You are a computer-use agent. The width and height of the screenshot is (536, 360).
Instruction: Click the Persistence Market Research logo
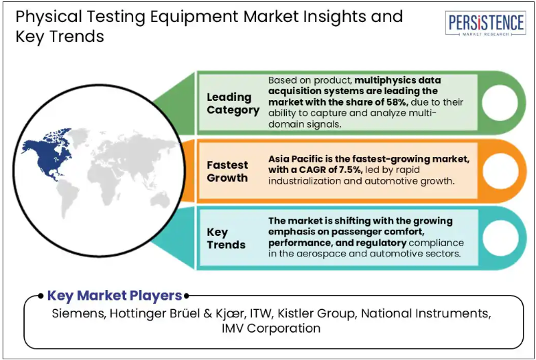pos(485,23)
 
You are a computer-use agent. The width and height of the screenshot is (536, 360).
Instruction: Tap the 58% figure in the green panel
pos(397,102)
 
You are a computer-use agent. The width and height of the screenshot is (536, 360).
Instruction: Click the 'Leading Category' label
pos(233,104)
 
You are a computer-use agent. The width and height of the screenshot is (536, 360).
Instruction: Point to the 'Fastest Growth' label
pos(227,171)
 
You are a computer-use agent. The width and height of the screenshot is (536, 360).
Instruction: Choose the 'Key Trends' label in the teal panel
pos(226,239)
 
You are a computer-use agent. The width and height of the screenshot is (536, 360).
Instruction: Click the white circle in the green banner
pos(500,102)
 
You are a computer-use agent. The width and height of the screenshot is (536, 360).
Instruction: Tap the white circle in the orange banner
pos(500,171)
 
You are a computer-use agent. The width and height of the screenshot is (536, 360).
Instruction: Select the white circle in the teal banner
pos(500,238)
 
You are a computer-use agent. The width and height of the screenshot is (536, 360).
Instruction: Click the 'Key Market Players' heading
pos(115,296)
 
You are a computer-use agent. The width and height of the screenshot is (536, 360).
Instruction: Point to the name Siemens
pos(79,313)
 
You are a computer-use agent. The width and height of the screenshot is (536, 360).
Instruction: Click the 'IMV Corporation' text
pos(271,328)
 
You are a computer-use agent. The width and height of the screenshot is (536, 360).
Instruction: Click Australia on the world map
pos(159,200)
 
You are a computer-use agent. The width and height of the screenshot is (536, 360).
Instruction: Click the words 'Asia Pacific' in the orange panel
pos(291,159)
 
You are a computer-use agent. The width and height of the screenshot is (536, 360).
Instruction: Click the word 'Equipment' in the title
pos(194,16)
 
